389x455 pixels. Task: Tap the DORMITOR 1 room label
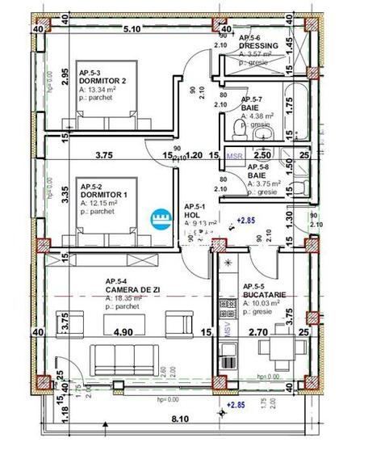point(102,195)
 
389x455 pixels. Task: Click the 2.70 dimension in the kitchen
point(256,332)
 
